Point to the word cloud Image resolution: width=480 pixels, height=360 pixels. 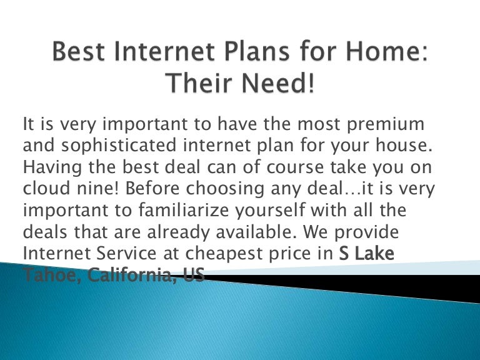point(46,189)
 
